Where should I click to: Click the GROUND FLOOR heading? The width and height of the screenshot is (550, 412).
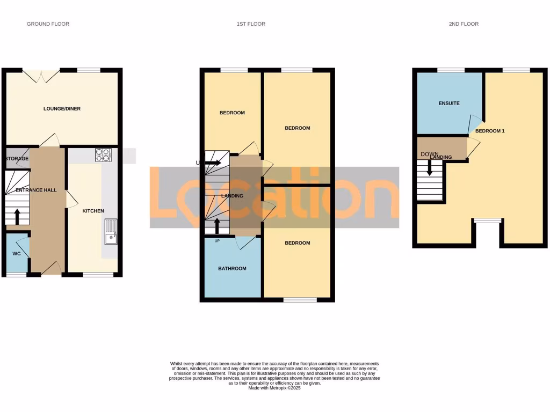click(x=48, y=24)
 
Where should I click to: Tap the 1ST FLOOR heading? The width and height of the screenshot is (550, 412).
click(x=251, y=24)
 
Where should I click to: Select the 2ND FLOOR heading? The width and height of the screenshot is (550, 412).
click(x=464, y=24)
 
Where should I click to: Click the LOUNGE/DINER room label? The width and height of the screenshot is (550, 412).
click(x=62, y=109)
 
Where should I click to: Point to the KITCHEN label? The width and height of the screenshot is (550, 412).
click(x=93, y=211)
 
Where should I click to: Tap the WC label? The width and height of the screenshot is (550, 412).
click(x=16, y=253)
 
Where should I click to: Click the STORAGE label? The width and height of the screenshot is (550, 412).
click(x=17, y=159)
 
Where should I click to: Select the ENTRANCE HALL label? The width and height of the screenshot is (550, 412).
click(x=36, y=190)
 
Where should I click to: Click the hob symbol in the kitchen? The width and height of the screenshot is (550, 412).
click(x=103, y=155)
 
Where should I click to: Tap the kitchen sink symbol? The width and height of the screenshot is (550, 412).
click(x=111, y=232)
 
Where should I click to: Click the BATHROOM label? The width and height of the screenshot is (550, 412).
click(x=232, y=268)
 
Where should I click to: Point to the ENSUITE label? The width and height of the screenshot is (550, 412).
click(x=449, y=103)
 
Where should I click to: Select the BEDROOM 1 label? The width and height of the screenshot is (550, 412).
click(x=490, y=131)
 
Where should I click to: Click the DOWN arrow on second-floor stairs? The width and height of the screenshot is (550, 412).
click(x=429, y=167)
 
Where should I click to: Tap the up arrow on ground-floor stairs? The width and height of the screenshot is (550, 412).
click(x=17, y=216)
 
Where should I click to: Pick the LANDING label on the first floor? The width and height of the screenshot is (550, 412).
click(x=232, y=196)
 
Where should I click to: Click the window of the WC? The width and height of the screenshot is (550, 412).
click(x=16, y=275)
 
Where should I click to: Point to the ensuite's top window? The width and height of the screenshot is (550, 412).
click(x=451, y=70)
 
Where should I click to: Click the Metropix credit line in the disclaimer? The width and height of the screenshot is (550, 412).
click(x=274, y=388)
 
